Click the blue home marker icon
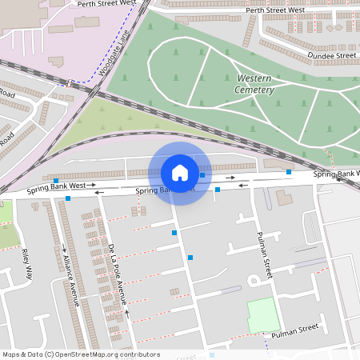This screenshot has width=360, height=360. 180,172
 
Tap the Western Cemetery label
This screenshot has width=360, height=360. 255,84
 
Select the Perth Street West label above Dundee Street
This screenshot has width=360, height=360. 276,11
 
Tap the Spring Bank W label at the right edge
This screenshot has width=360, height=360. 336,174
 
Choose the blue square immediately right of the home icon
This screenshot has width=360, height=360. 202,174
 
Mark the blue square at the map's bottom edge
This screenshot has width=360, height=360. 212,354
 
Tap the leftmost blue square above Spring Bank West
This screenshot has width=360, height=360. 57,181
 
